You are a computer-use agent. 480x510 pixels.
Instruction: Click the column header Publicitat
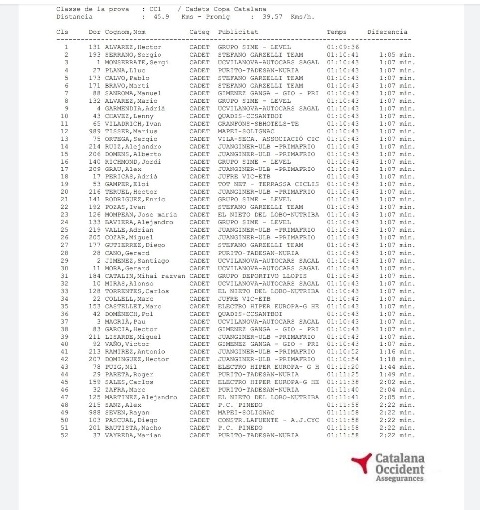(x=238, y=32)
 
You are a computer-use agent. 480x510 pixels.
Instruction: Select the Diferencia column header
(x=387, y=32)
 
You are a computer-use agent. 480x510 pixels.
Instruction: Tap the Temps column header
(x=336, y=32)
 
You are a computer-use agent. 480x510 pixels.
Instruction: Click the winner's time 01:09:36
(x=342, y=47)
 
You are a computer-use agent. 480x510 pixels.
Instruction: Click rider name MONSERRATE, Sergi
(x=137, y=62)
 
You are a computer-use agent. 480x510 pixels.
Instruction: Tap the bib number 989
(x=95, y=131)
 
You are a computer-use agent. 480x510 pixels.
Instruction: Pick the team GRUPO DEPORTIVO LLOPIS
(x=262, y=276)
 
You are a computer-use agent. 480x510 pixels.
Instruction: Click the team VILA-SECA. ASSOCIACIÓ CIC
(x=268, y=139)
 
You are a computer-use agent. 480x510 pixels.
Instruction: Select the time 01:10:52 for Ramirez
(x=342, y=351)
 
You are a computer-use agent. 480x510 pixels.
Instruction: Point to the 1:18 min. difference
(x=397, y=359)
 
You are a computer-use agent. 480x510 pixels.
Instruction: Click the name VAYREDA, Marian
(x=133, y=435)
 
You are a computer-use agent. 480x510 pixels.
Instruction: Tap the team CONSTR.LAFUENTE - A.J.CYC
(x=268, y=420)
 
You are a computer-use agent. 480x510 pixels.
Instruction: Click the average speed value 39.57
(x=273, y=17)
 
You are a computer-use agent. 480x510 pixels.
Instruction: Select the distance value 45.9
(x=161, y=17)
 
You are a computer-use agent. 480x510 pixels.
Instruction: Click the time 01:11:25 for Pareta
(x=342, y=374)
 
